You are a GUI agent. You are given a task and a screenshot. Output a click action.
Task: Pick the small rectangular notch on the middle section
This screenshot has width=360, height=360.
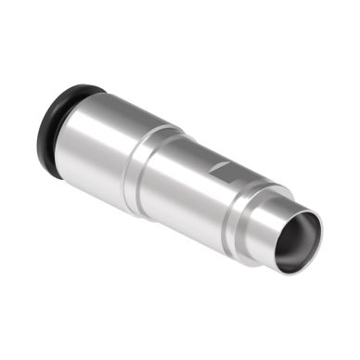[x=220, y=168]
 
